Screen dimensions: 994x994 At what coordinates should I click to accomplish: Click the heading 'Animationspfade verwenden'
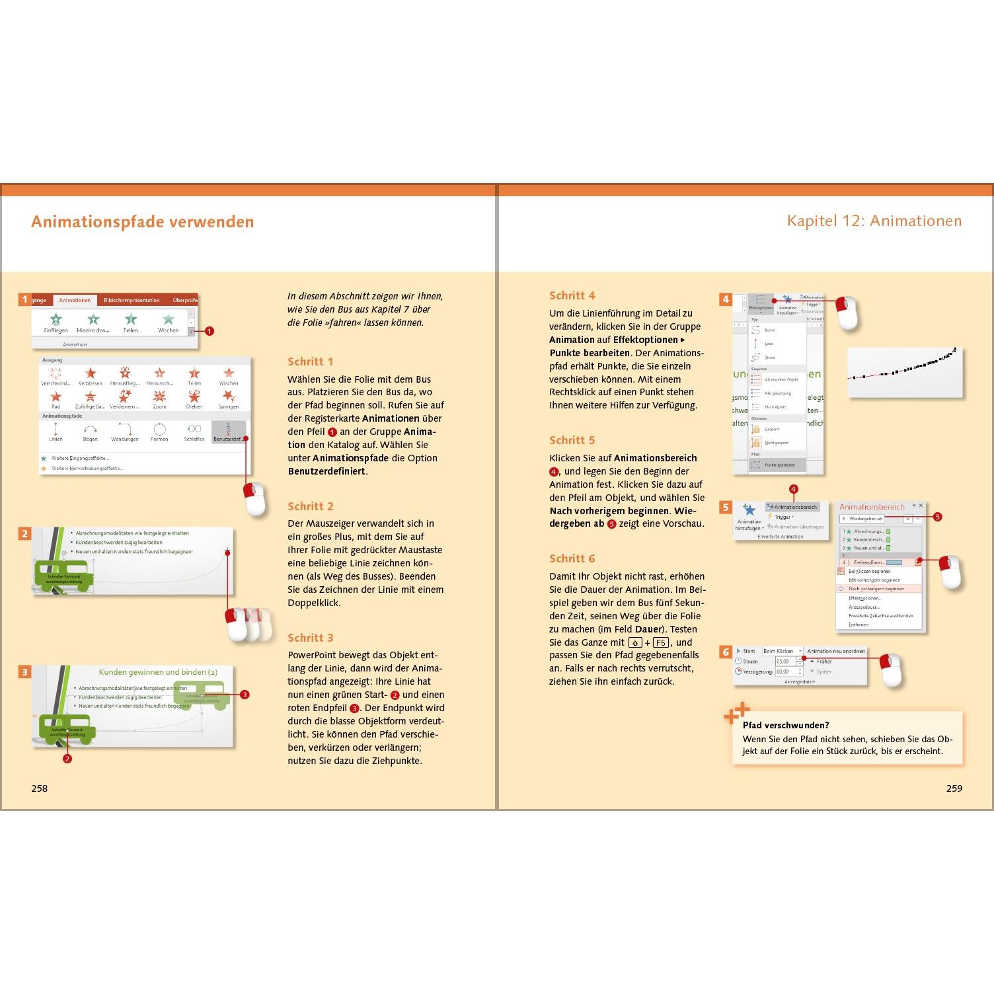142,221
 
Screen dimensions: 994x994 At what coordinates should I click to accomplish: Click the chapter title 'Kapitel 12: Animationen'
874,221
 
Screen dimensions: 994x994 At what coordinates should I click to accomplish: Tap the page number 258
40,788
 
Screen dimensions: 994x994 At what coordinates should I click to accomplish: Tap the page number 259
954,788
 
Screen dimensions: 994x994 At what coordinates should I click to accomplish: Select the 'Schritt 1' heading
310,362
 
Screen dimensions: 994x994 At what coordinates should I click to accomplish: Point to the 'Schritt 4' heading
572,295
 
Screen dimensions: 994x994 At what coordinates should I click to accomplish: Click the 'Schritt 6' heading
572,558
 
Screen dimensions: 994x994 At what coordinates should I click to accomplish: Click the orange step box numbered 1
24,299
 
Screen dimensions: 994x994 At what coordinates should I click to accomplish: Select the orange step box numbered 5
726,507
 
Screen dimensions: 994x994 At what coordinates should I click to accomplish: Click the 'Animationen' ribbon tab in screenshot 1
75,300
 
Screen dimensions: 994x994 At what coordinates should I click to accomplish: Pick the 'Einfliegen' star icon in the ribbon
56,320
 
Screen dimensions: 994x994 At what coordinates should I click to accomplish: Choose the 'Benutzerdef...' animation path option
229,432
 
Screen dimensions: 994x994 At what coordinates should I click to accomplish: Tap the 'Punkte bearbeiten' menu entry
779,465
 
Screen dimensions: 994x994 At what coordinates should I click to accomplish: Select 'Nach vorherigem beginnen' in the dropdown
876,588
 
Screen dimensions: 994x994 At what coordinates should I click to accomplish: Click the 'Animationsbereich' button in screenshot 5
792,507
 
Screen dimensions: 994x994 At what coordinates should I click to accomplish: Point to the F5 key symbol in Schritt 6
660,642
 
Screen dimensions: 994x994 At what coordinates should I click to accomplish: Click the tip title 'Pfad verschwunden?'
786,725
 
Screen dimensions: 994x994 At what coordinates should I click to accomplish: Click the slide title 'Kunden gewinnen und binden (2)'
158,672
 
